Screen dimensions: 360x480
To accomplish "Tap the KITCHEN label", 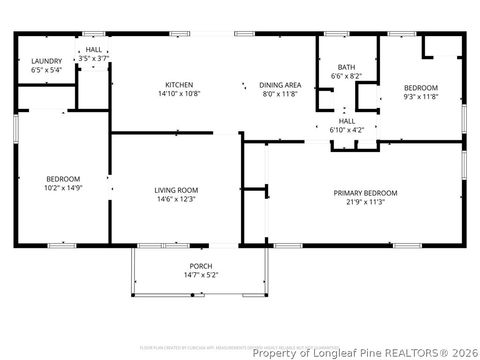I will point(180,84).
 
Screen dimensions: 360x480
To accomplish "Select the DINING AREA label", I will point(280,84).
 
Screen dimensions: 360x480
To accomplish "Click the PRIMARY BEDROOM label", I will point(365,193).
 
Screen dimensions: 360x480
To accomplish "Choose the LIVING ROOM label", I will point(176,190).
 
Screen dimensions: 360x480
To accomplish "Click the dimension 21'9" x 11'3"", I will point(365,202).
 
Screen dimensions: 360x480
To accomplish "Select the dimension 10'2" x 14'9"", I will point(62,187).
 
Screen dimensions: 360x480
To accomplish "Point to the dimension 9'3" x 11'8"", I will point(420,97).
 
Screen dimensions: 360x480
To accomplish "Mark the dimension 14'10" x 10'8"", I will point(180,93).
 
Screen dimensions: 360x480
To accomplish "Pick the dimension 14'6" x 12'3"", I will point(176,199).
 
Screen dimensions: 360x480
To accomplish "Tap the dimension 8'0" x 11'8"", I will point(280,93).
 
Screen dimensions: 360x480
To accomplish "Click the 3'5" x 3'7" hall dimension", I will point(93,59).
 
